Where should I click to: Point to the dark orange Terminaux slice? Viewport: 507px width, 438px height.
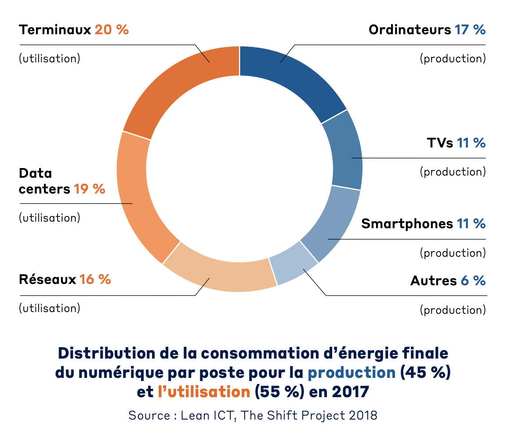(x=176, y=88)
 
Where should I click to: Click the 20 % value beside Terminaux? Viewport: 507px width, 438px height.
(x=112, y=30)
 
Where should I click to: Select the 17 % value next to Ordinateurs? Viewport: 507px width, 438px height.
(x=470, y=30)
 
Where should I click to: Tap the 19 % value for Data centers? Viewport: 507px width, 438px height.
(x=89, y=189)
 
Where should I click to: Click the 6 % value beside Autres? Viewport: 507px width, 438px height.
(x=473, y=281)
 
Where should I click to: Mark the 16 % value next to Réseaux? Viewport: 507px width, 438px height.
(x=95, y=280)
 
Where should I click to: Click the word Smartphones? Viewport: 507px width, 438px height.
(x=407, y=224)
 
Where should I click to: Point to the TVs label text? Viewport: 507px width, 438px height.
(x=440, y=143)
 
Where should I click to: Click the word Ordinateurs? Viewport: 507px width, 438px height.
(x=409, y=30)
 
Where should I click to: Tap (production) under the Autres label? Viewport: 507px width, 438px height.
(x=453, y=310)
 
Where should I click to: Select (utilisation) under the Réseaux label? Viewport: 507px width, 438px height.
(x=50, y=308)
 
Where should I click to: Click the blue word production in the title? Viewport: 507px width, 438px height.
(x=351, y=372)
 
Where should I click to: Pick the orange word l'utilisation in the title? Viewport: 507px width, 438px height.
(x=204, y=391)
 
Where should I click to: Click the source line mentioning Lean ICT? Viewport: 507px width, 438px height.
(x=253, y=415)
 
